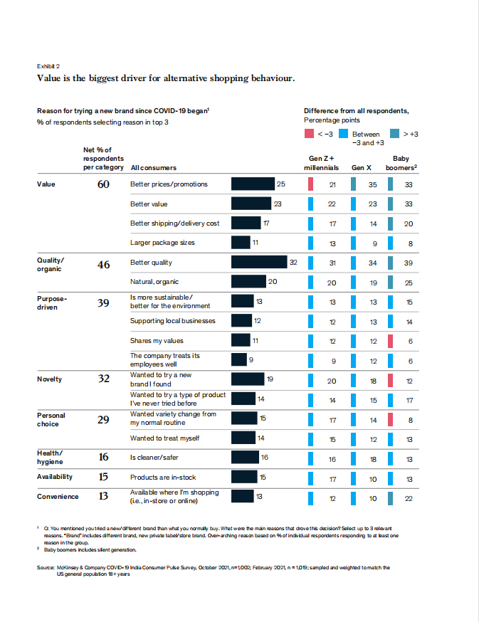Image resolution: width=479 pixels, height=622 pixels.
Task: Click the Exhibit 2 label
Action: click(48, 65)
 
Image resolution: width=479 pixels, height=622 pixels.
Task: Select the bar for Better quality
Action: click(259, 263)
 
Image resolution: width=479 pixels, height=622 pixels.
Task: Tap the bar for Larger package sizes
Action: click(241, 243)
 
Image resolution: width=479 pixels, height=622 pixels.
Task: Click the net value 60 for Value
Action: click(103, 184)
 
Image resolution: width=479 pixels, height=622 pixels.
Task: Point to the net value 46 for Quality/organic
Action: click(103, 264)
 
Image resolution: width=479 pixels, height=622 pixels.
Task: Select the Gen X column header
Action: click(362, 168)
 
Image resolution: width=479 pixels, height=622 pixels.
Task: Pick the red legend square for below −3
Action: click(310, 134)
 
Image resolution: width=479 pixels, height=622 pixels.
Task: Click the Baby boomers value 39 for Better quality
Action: click(409, 263)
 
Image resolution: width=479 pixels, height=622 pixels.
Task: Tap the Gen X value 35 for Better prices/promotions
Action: click(372, 184)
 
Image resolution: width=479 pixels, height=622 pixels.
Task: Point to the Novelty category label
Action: click(49, 379)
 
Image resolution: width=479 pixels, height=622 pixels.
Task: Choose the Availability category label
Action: click(54, 477)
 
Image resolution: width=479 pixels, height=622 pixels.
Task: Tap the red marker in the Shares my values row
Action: click(390, 341)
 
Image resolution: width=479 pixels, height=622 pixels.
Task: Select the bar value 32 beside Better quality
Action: click(293, 263)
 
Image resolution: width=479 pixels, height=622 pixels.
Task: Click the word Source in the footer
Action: click(46, 568)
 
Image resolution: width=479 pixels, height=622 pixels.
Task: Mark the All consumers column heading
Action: click(154, 168)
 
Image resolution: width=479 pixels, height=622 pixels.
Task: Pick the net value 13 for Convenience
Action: click(103, 497)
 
